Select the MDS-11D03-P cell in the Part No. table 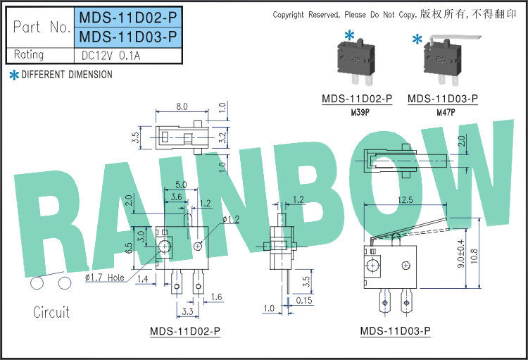pos(127,37)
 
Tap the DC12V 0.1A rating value pos(111,55)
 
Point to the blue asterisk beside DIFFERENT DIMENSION pos(13,75)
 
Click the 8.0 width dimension pos(181,106)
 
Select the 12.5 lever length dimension pos(405,200)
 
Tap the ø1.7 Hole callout pos(104,278)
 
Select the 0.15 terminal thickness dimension pos(305,301)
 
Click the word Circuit pos(51,312)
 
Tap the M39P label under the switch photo pos(357,112)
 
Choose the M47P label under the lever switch pos(446,112)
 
